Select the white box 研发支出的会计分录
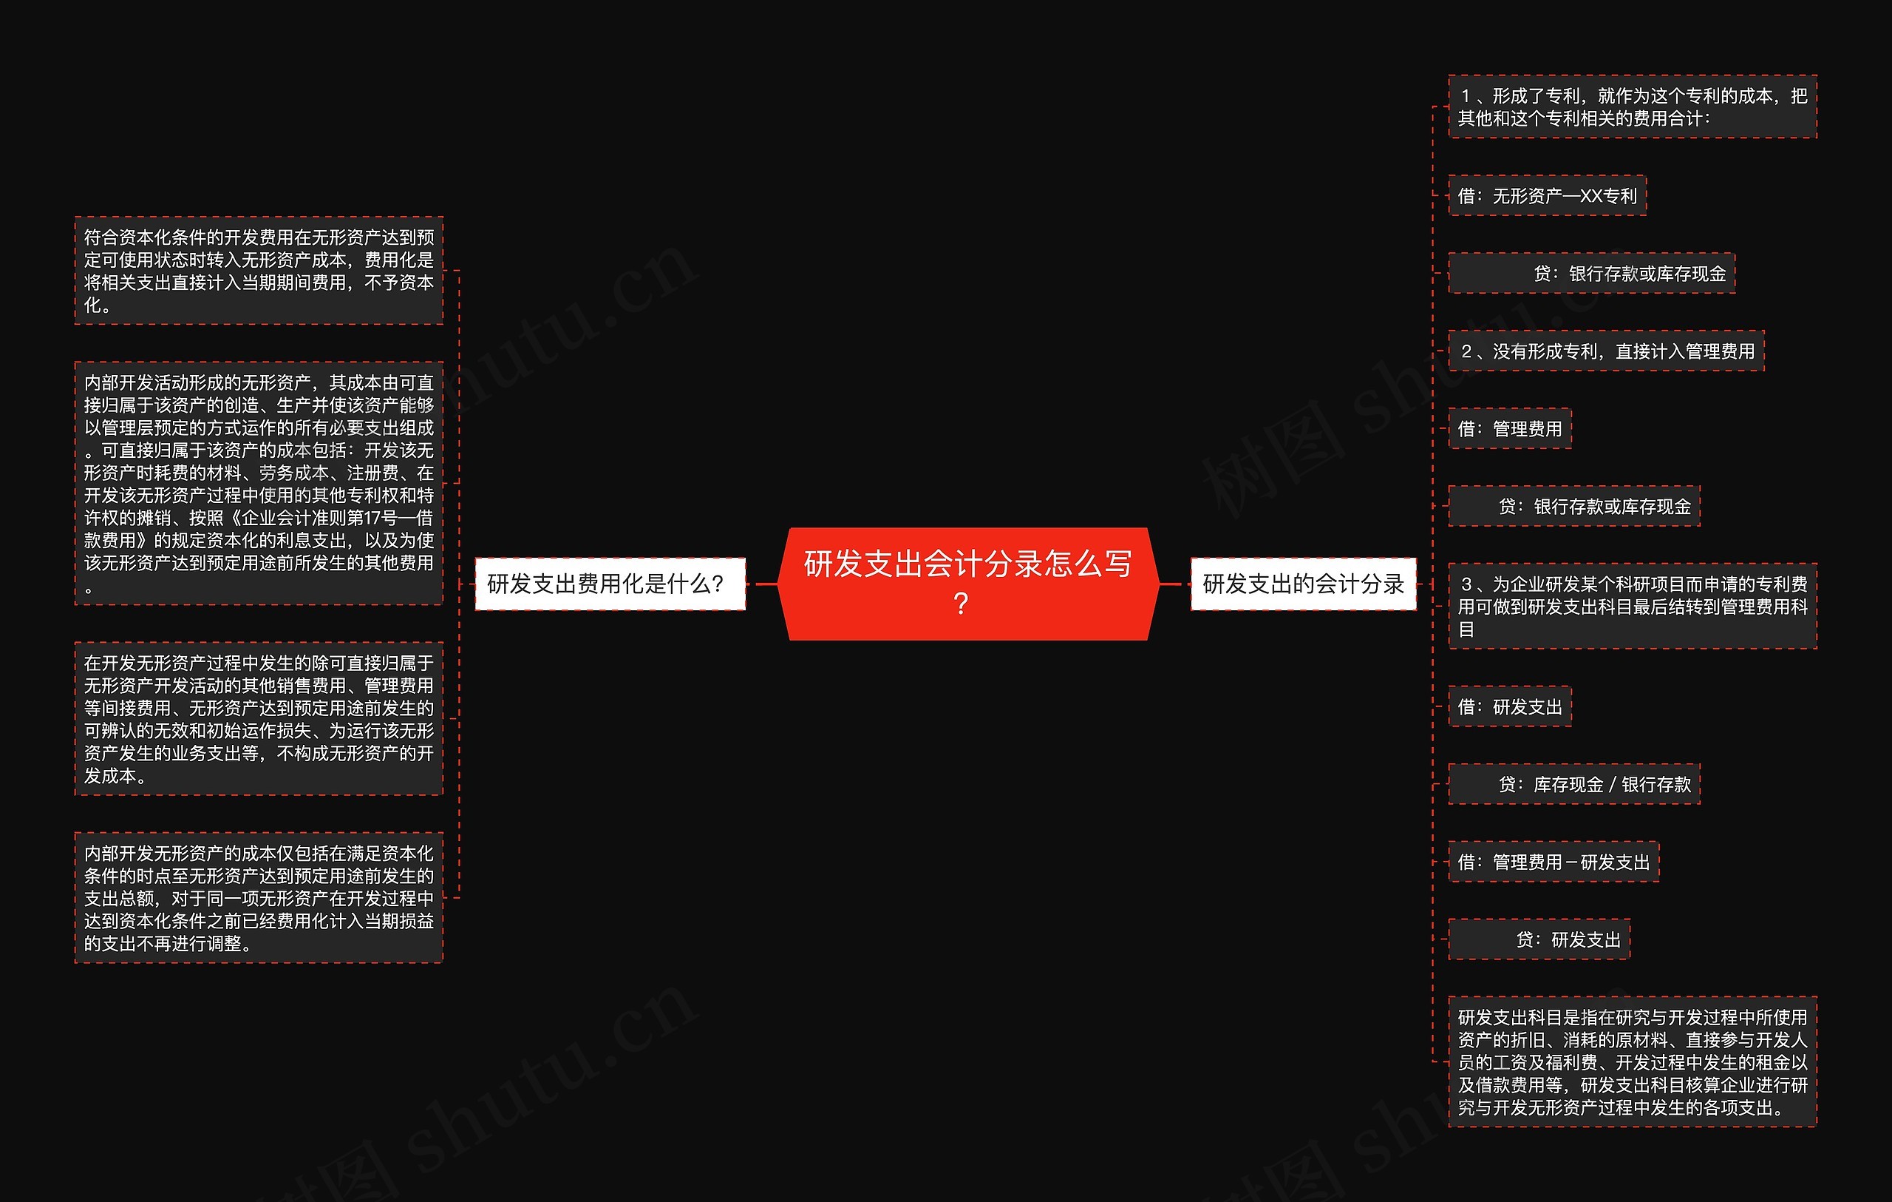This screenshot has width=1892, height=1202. [1303, 584]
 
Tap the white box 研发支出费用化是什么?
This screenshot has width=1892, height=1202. [610, 584]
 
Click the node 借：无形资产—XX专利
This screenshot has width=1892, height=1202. [1546, 196]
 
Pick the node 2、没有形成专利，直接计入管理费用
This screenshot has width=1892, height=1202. [1606, 351]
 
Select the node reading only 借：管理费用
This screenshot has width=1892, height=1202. [1509, 428]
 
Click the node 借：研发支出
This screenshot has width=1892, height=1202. [1509, 706]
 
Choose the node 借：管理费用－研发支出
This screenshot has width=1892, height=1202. [1554, 862]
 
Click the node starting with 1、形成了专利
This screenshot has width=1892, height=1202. [1632, 107]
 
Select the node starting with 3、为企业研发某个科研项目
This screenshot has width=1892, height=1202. [1632, 606]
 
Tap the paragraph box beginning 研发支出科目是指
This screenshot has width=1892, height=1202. [1632, 1062]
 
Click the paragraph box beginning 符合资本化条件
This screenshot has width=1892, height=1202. [259, 271]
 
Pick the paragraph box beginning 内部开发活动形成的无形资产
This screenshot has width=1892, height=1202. [259, 484]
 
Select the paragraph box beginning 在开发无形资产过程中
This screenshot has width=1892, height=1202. [259, 718]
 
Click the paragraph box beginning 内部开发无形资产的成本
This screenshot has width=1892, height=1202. [259, 898]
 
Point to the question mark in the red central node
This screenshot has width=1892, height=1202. [960, 604]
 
